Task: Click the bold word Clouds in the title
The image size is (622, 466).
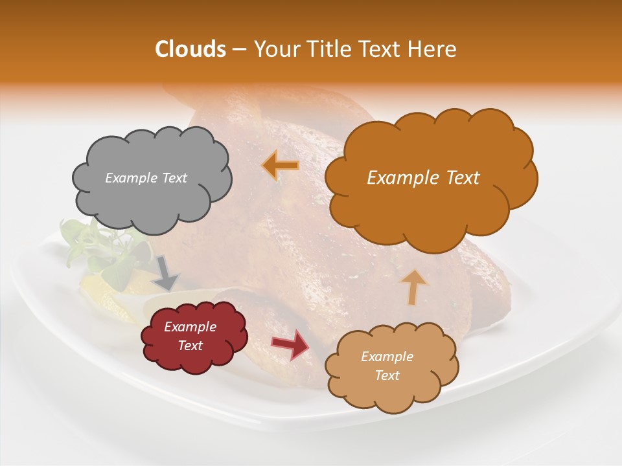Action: pos(190,49)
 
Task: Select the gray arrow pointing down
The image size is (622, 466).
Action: pos(167,272)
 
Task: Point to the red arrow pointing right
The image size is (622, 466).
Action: pos(291,344)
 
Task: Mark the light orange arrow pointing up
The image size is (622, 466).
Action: pos(414,287)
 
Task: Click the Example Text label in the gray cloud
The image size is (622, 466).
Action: pos(146,178)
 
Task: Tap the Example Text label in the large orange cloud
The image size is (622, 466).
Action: pos(423,178)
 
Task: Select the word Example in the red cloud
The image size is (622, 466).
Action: pos(190,327)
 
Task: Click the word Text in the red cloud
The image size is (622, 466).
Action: pos(190,346)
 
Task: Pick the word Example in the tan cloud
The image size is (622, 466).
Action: pos(387,357)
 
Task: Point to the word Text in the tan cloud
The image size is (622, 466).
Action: pos(387,375)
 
